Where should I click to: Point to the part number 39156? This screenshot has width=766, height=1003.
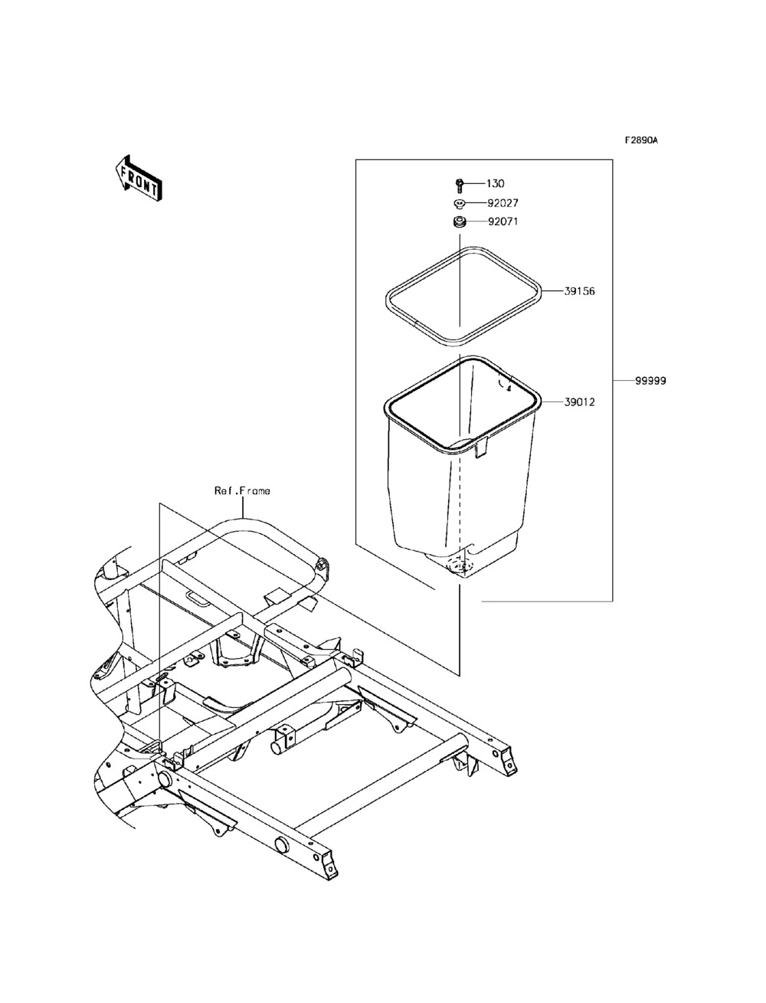(x=580, y=292)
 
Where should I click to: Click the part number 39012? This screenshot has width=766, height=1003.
(x=580, y=402)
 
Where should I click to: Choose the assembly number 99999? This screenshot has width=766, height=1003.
(x=650, y=381)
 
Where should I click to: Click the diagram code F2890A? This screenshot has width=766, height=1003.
(x=641, y=140)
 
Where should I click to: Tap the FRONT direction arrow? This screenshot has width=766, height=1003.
(x=138, y=178)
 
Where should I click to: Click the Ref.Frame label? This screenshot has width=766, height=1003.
(x=242, y=490)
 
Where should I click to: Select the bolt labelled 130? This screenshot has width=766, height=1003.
(x=457, y=184)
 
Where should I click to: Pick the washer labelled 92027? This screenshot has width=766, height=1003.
(x=458, y=204)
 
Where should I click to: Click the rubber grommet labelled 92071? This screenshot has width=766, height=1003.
(x=458, y=222)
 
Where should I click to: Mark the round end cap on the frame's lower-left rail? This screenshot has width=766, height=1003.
(x=280, y=846)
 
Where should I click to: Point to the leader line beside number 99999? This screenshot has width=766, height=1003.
(x=623, y=381)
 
